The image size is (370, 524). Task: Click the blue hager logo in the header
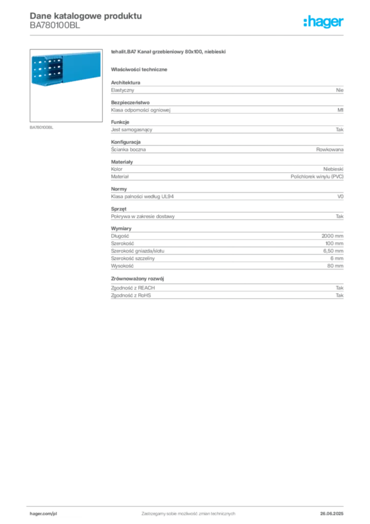(x=325, y=23)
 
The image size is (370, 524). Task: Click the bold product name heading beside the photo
(x=169, y=52)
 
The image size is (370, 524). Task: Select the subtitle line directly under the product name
(x=141, y=69)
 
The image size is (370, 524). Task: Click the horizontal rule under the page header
(x=188, y=35)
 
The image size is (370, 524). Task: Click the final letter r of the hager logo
(x=342, y=23)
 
